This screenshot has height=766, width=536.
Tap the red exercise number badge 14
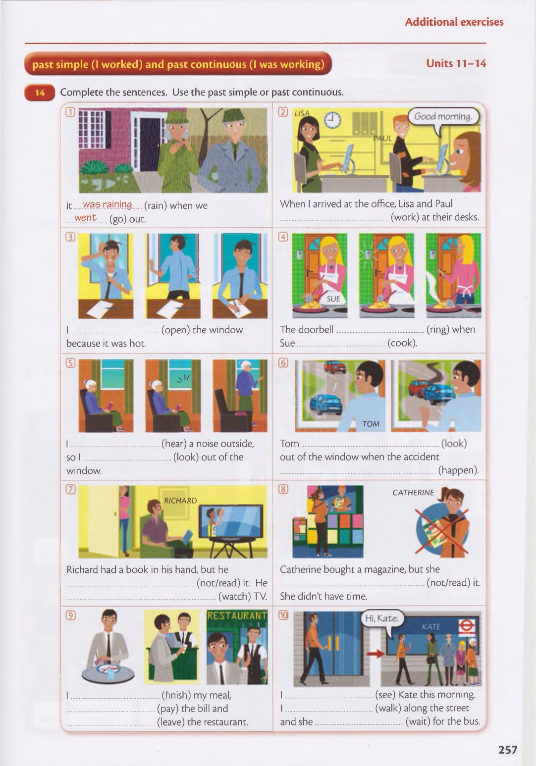point(40,93)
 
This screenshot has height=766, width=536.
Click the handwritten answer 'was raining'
point(107,204)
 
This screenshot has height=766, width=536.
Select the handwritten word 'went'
point(86,217)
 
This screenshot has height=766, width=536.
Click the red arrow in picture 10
point(375,654)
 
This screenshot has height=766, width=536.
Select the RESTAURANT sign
point(237,615)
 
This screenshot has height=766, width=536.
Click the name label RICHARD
point(180,501)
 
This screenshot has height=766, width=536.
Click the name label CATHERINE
point(413,492)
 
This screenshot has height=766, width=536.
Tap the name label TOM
point(371,424)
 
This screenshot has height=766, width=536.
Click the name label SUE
point(333,299)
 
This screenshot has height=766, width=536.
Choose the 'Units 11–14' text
point(456,63)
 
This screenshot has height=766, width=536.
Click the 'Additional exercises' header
point(454,22)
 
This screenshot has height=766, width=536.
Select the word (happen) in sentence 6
point(458,470)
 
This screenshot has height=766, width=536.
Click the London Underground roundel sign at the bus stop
point(466,626)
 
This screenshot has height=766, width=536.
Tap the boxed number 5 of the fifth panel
point(70,362)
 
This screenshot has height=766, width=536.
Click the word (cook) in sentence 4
point(402,343)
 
